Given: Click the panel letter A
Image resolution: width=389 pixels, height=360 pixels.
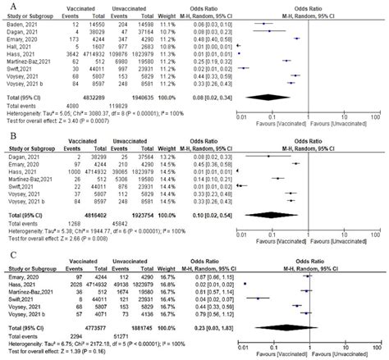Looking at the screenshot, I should point(6,6).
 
